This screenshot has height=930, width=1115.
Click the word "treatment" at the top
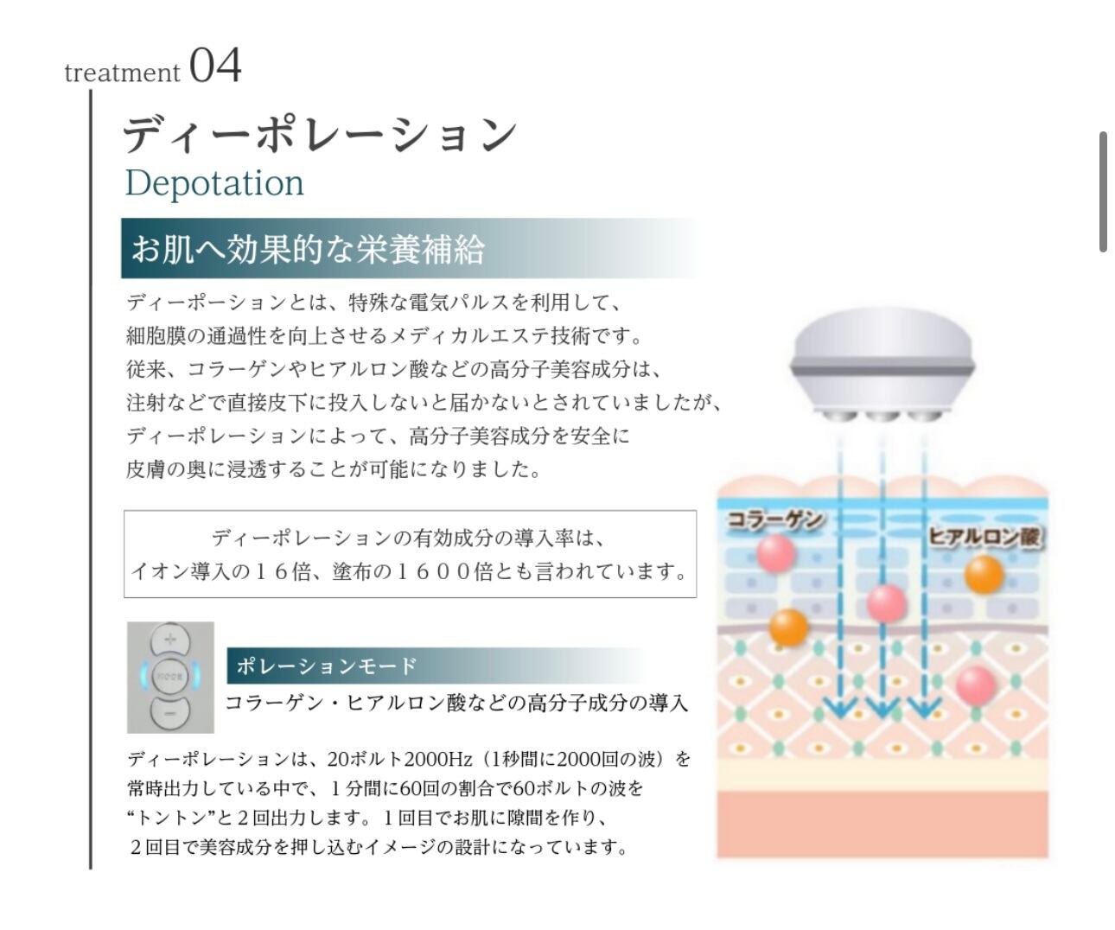coord(122,73)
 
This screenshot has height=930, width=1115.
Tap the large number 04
coord(215,66)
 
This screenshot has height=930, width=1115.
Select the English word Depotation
coord(214,182)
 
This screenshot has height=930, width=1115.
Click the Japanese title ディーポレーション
coord(320,135)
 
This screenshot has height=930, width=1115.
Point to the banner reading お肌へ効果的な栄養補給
coord(308,249)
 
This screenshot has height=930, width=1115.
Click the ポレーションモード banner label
coord(327,666)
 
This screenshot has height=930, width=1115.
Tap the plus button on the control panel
coord(170,640)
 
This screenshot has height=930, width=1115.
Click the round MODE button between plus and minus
coord(170,677)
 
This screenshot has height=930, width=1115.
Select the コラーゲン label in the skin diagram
coord(774,519)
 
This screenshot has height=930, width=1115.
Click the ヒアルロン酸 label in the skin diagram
coord(985,537)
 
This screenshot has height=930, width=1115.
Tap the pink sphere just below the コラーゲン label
coord(775,552)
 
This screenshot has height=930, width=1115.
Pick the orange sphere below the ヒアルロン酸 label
coord(983,574)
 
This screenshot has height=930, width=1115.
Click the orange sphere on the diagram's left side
coord(787,627)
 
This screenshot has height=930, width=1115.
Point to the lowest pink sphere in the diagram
coord(977,685)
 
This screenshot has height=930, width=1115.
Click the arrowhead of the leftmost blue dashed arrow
coord(839,708)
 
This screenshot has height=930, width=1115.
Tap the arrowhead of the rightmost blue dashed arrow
coord(924,708)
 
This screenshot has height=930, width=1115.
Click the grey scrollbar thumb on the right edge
coord(1103,192)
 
